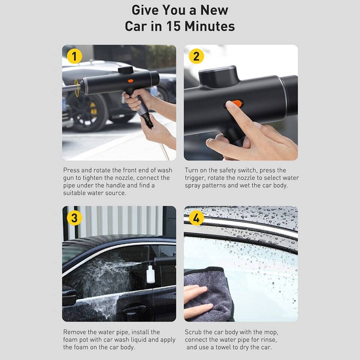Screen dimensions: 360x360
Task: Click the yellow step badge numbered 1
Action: pos(74,56)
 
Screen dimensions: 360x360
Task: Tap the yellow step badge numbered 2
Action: pos(196,56)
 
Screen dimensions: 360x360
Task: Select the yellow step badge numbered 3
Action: pos(74,217)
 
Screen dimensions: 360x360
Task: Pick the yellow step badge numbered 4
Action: pos(196,217)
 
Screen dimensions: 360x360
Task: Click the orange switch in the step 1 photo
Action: pos(130,81)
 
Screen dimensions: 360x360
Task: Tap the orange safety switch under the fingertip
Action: pos(237,103)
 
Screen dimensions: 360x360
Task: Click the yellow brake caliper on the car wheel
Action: pos(93,109)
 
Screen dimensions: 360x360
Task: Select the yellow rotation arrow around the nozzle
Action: pos(76,88)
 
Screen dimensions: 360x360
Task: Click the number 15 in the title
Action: pos(174,26)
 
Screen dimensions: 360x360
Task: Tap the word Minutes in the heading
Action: pos(210,26)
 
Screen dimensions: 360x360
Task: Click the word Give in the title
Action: pos(145,10)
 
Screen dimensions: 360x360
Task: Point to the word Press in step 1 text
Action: pos(71,170)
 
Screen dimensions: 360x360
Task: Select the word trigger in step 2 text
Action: pos(195,178)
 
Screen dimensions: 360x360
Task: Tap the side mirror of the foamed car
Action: pos(69,297)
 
